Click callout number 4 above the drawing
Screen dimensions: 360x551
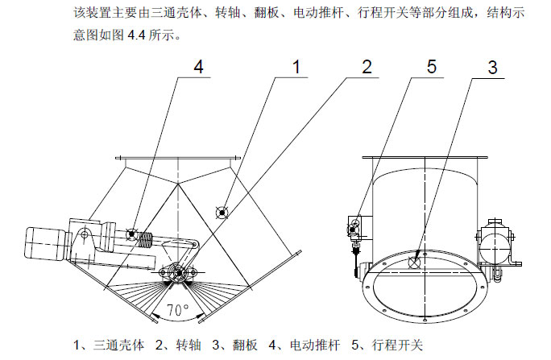(199, 68)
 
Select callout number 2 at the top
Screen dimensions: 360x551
(367, 68)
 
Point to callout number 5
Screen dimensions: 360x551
(432, 68)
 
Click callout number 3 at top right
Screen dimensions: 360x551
(493, 68)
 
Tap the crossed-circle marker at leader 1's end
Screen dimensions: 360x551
(222, 211)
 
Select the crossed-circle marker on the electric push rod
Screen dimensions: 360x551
(131, 234)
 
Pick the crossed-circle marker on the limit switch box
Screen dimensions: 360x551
(353, 230)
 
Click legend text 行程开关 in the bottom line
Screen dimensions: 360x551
(394, 346)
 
